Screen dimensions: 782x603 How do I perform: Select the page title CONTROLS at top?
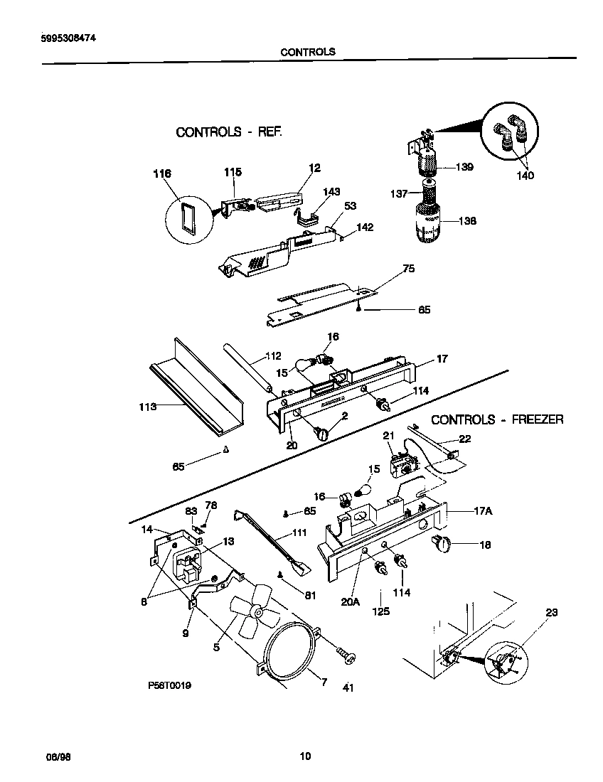(x=307, y=52)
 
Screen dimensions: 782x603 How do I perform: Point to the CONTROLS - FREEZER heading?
(x=497, y=419)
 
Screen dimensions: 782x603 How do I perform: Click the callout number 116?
(x=163, y=173)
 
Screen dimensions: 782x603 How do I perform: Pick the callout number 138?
(x=466, y=221)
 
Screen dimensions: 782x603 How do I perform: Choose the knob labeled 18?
(x=443, y=545)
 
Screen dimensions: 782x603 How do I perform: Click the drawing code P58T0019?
(x=169, y=685)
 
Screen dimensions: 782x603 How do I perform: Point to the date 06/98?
(x=59, y=756)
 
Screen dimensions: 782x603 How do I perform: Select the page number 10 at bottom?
(x=305, y=756)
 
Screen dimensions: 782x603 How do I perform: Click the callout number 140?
(x=525, y=176)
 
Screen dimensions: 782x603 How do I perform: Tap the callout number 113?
(x=147, y=407)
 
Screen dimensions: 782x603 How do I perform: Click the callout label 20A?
(x=351, y=601)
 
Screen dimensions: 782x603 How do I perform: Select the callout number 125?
(x=380, y=611)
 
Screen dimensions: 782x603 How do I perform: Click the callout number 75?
(x=408, y=269)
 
